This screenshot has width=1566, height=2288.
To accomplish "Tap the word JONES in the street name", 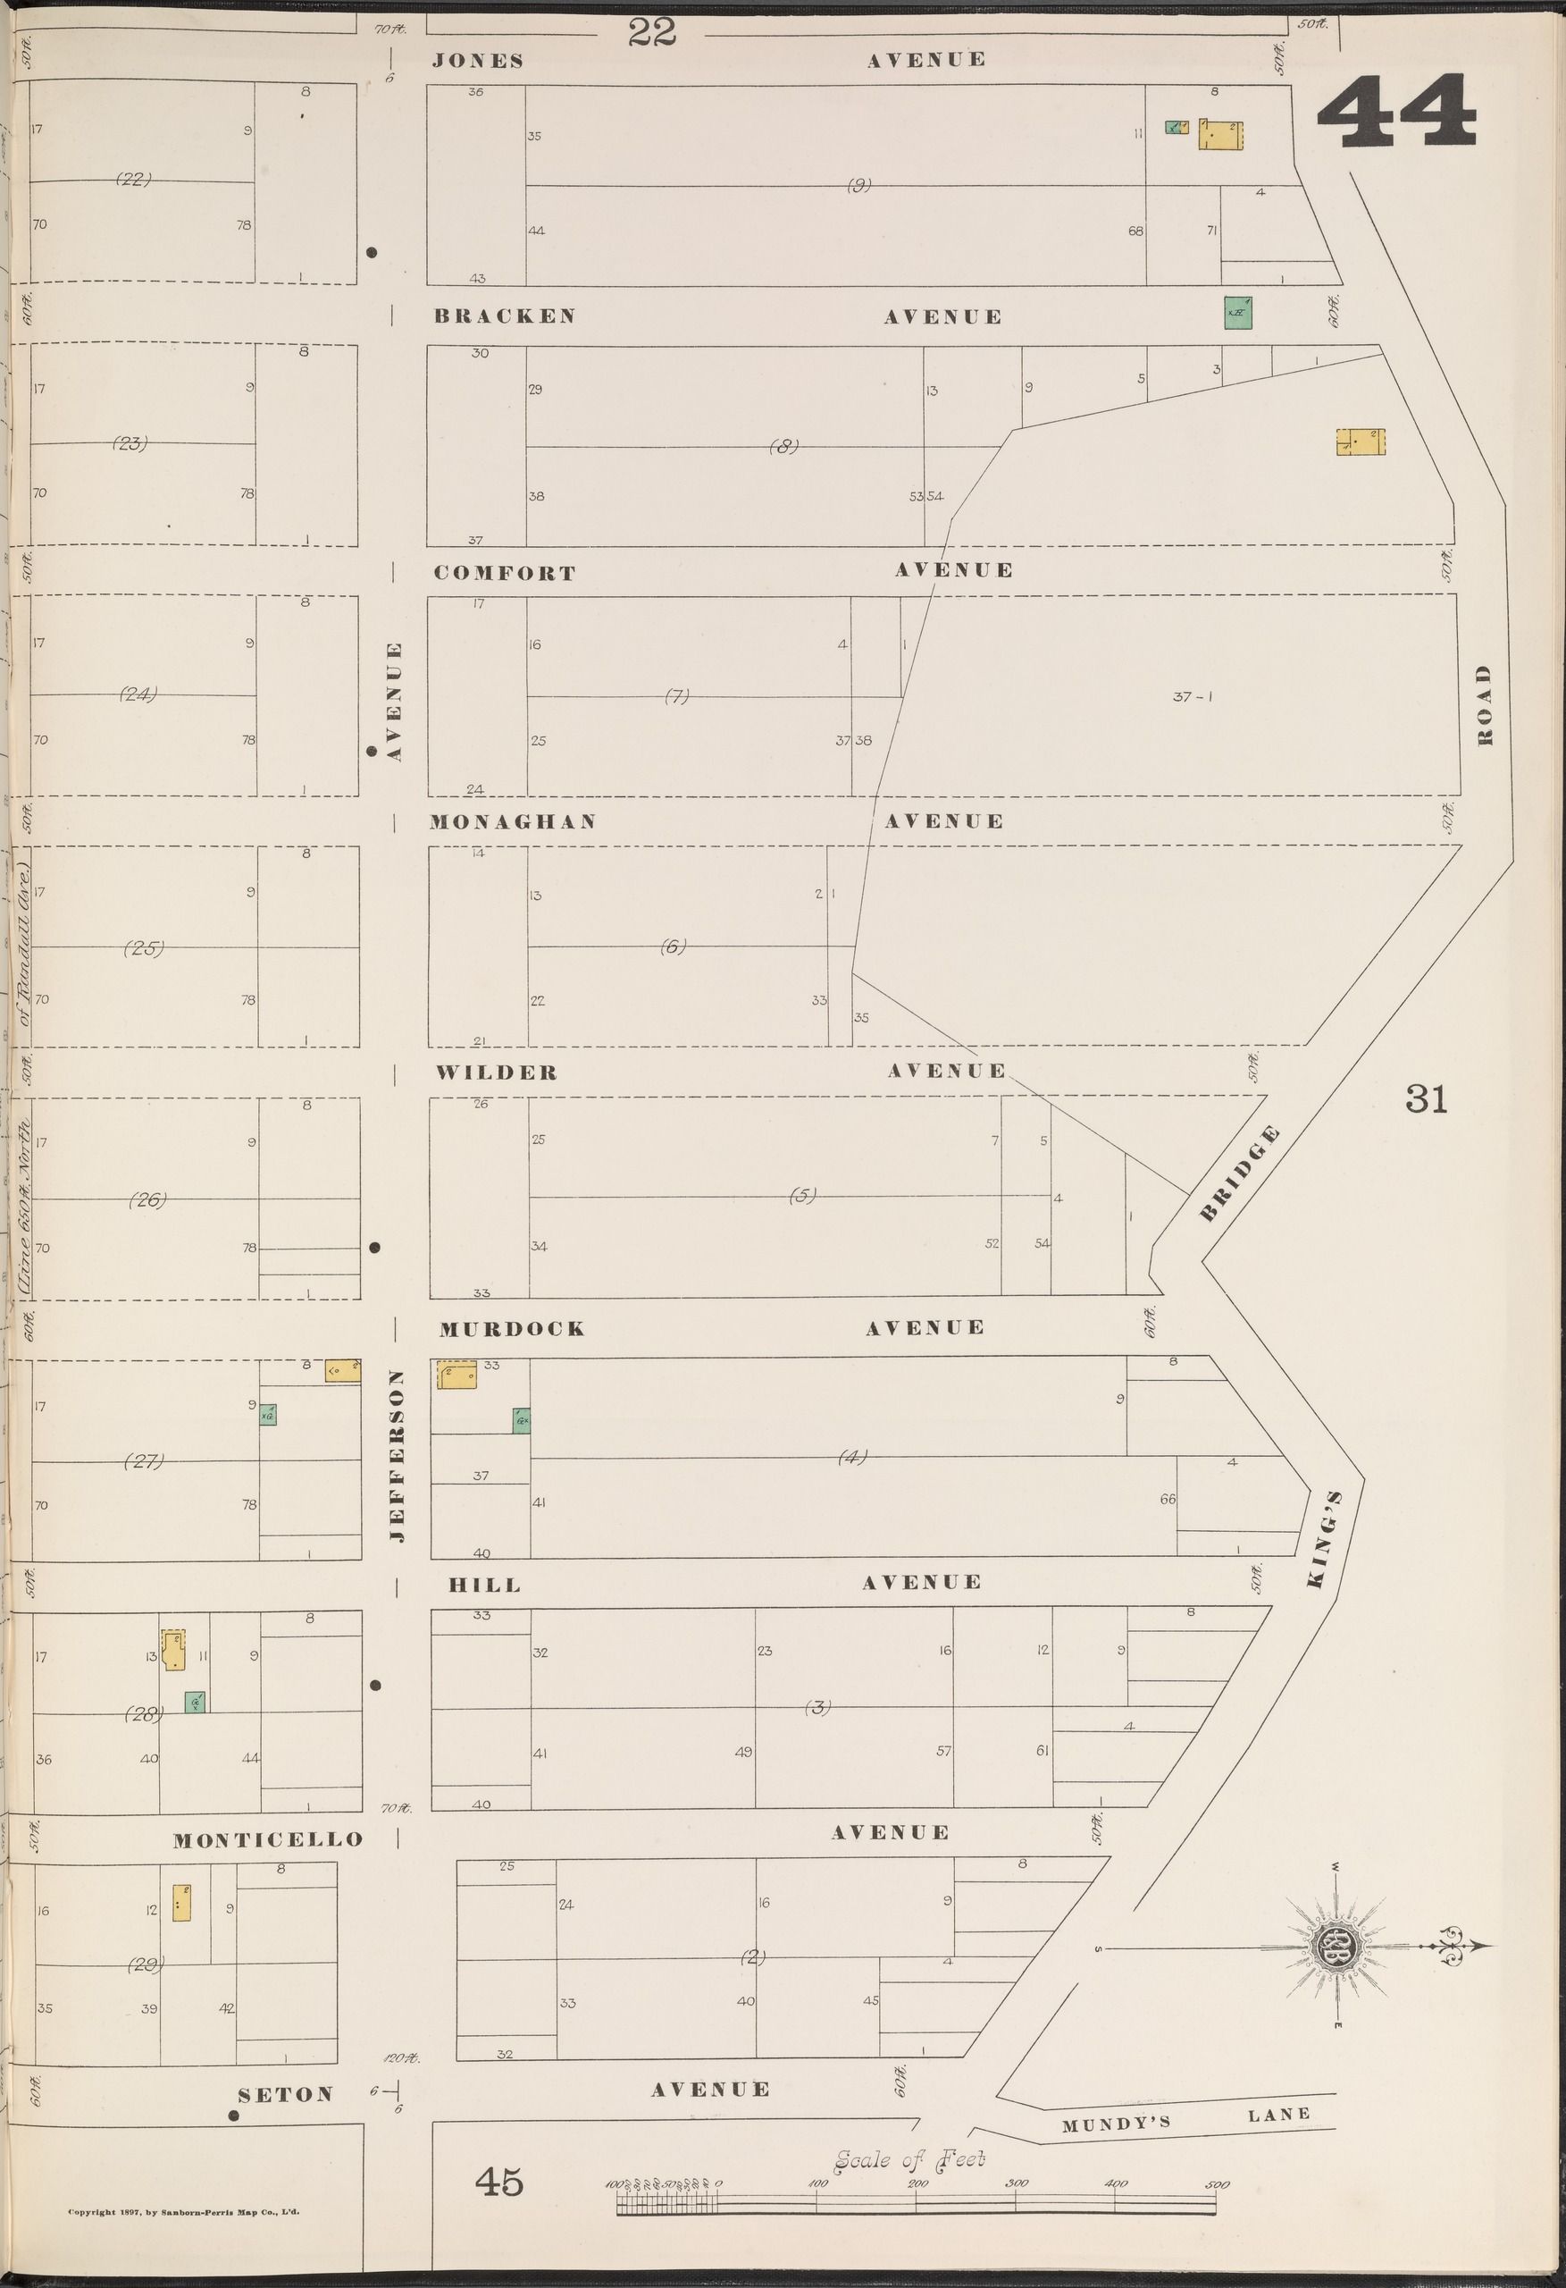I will [477, 61].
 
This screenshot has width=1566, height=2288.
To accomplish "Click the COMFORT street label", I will [504, 573].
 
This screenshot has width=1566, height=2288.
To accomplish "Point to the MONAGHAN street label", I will [513, 821].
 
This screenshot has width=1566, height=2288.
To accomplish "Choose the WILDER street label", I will [497, 1072].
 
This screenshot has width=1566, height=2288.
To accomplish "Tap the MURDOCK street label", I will [512, 1328].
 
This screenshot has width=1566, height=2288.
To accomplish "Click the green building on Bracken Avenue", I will [1237, 312].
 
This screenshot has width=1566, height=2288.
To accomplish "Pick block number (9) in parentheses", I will [858, 184].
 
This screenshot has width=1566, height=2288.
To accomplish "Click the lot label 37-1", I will [1192, 697].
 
